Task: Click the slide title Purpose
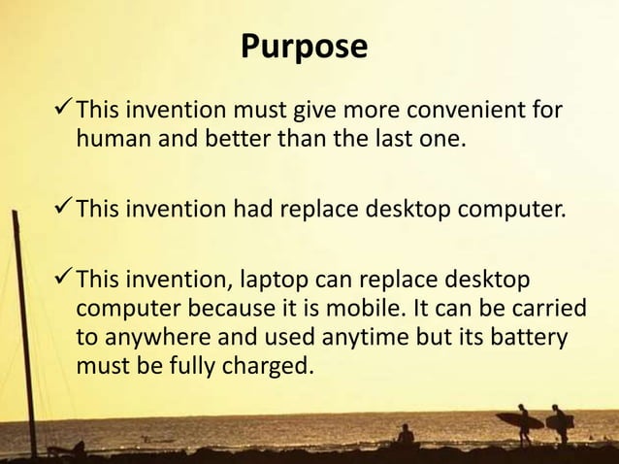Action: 304,46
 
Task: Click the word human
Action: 107,143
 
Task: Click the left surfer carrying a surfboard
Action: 523,421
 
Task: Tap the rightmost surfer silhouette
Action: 559,422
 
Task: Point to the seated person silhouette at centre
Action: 405,435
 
